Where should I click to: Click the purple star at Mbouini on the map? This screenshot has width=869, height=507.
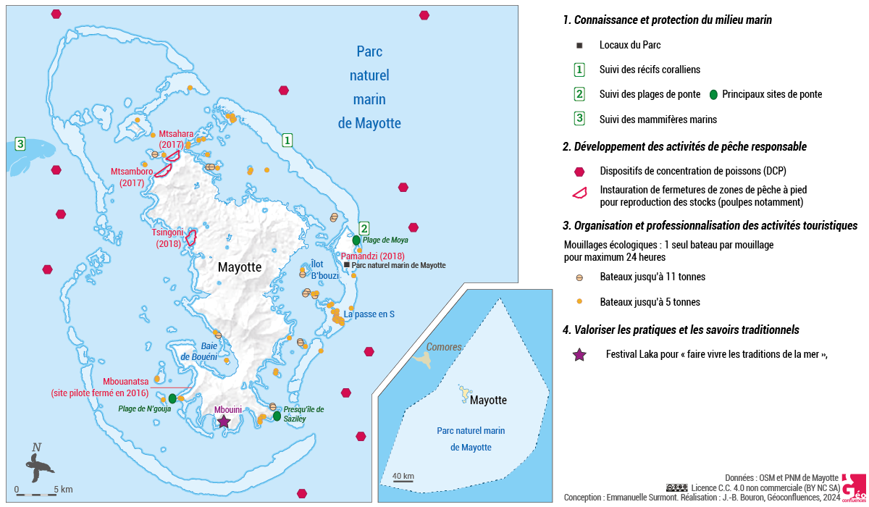pos(224,421)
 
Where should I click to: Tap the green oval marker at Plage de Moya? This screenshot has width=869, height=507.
pos(356,240)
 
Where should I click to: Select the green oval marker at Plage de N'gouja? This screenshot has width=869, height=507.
pos(172,398)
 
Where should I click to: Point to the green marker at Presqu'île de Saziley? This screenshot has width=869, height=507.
pos(277,416)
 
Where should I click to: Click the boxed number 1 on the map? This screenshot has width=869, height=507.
pos(287,140)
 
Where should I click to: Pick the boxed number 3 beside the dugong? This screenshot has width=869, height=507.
pos(20,143)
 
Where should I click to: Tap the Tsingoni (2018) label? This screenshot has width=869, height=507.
pos(167,238)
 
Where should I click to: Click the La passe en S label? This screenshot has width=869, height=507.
pos(369,315)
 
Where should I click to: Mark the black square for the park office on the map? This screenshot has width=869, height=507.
pos(347,265)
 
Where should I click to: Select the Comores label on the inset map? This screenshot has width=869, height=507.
pos(444,347)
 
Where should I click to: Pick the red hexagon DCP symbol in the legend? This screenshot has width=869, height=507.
pos(579,172)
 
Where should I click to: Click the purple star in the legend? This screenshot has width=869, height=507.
pos(579,355)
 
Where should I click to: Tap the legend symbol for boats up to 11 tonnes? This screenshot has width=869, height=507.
pos(579,277)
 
